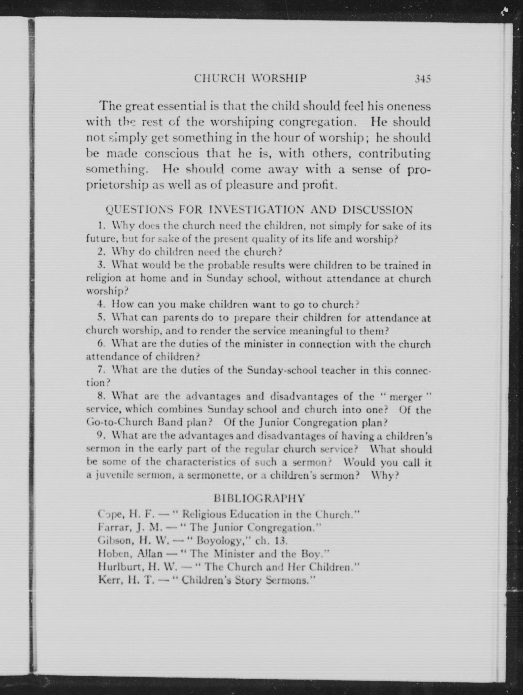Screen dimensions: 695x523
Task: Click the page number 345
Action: (x=422, y=79)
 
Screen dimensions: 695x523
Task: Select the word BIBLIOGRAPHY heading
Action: (x=259, y=498)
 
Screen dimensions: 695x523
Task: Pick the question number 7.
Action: (x=101, y=370)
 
